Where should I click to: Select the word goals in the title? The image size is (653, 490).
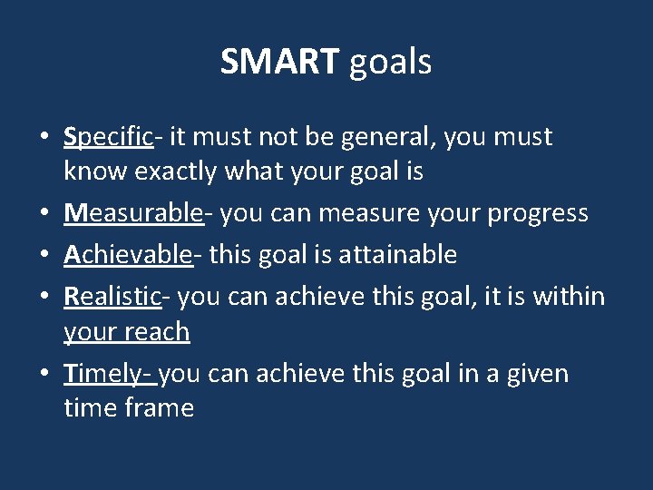point(390,63)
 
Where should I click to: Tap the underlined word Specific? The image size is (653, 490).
point(108,137)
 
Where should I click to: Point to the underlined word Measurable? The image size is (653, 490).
point(133,212)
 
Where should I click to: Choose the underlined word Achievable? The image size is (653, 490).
point(128,254)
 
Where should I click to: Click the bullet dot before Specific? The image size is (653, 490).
point(44,139)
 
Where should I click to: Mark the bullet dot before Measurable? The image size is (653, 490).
point(44,214)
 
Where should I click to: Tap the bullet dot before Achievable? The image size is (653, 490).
point(44,256)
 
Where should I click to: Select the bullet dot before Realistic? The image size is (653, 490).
point(44,298)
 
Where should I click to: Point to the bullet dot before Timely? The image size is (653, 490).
point(44,376)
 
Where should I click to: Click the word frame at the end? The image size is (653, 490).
point(160,407)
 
